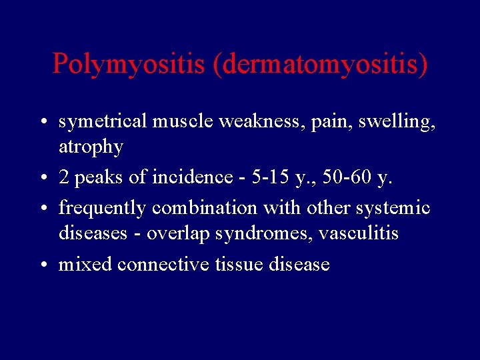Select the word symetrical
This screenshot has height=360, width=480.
pos(103,122)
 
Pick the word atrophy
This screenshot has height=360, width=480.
pos(91,147)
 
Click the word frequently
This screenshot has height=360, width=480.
pos(103,209)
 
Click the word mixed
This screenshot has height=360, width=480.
pos(85,265)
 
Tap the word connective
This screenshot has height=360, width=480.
pos(163,265)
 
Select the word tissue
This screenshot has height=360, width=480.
pos(239,265)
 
